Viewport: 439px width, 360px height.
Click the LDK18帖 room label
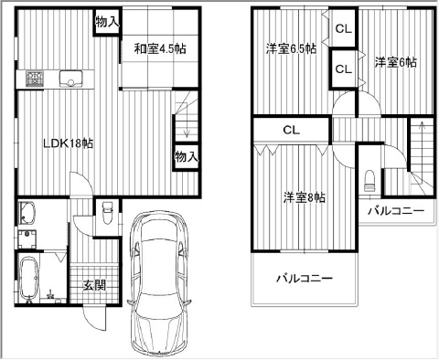click(x=69, y=143)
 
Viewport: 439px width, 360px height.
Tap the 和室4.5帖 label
click(x=160, y=48)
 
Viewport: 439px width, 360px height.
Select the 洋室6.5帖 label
click(x=291, y=48)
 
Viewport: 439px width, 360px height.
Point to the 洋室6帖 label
click(x=396, y=62)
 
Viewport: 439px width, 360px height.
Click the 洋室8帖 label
click(x=305, y=198)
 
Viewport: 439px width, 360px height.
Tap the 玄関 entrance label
click(x=95, y=285)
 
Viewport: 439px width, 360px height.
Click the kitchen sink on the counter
click(x=70, y=79)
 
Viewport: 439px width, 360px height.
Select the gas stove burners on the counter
click(x=35, y=79)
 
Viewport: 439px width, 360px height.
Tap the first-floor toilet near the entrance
click(x=108, y=212)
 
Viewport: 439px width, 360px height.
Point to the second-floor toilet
click(x=369, y=181)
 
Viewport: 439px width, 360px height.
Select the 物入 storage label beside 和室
click(x=107, y=22)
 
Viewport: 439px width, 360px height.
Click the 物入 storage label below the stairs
click(x=187, y=157)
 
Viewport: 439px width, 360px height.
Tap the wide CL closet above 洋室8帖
click(x=292, y=130)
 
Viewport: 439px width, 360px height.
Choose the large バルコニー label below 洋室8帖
click(x=305, y=279)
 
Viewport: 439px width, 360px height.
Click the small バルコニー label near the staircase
click(x=396, y=211)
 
